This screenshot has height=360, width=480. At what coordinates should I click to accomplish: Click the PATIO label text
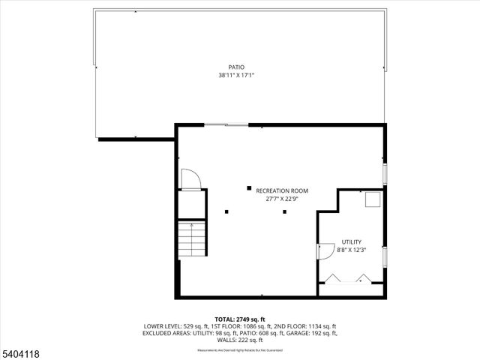(x=236, y=67)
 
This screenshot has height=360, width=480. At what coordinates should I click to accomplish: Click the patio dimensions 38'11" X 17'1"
(x=236, y=75)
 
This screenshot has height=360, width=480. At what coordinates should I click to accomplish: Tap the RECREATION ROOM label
(x=281, y=190)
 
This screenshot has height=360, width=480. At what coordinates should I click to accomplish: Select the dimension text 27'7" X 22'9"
(x=281, y=199)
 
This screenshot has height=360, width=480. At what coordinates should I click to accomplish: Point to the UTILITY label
(x=351, y=241)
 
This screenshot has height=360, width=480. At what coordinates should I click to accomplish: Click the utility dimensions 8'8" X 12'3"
(x=351, y=249)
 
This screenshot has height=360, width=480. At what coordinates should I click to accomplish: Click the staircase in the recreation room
(x=191, y=238)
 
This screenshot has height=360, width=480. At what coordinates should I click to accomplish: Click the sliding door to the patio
(x=226, y=124)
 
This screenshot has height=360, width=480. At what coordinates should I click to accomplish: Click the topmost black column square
(x=249, y=188)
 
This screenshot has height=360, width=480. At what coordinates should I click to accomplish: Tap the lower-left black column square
(x=226, y=211)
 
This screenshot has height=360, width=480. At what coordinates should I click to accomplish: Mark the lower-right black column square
(x=284, y=211)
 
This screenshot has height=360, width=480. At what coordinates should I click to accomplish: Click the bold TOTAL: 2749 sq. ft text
(x=239, y=319)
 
